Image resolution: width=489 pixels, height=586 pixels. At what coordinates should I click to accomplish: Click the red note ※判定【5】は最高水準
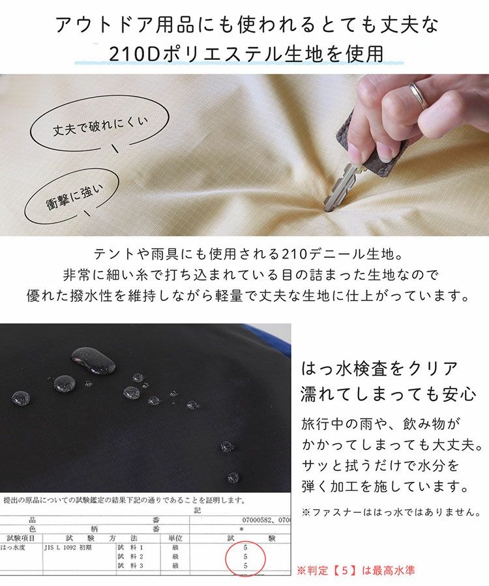pos(355,570)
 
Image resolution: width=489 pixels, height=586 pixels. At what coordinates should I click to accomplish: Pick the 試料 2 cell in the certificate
pos(130,557)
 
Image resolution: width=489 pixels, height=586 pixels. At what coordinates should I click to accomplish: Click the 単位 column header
pos(175,538)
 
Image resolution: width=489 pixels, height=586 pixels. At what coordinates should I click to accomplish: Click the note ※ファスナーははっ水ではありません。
pos(391,512)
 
